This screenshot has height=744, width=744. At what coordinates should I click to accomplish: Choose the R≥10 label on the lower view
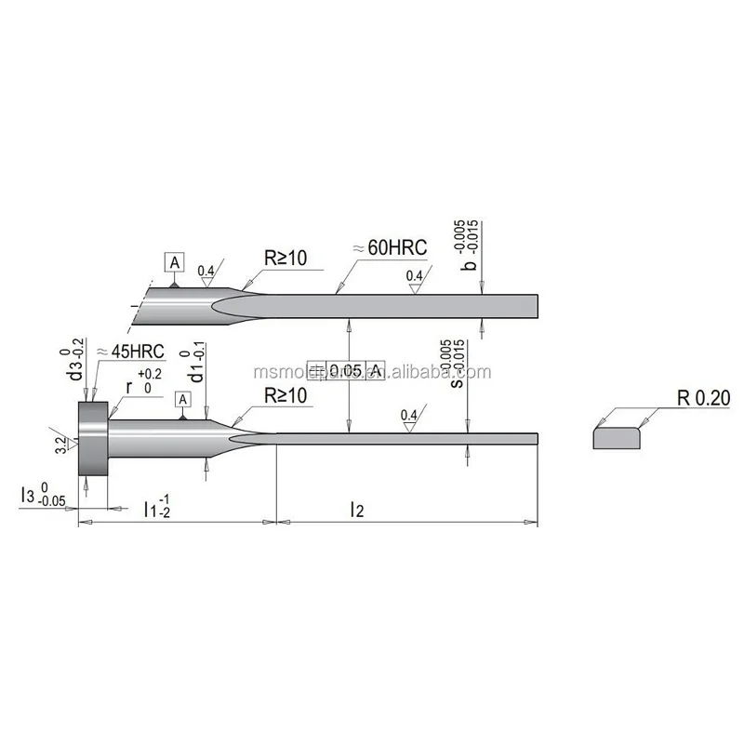pyautogui.click(x=286, y=395)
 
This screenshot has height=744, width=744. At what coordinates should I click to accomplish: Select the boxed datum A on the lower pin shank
pyautogui.click(x=183, y=399)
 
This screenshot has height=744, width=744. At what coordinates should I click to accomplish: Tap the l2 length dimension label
pyautogui.click(x=356, y=508)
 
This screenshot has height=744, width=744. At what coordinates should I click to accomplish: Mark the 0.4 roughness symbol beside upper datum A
pyautogui.click(x=206, y=273)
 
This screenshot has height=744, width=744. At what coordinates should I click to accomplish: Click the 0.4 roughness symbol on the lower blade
pyautogui.click(x=408, y=416)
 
